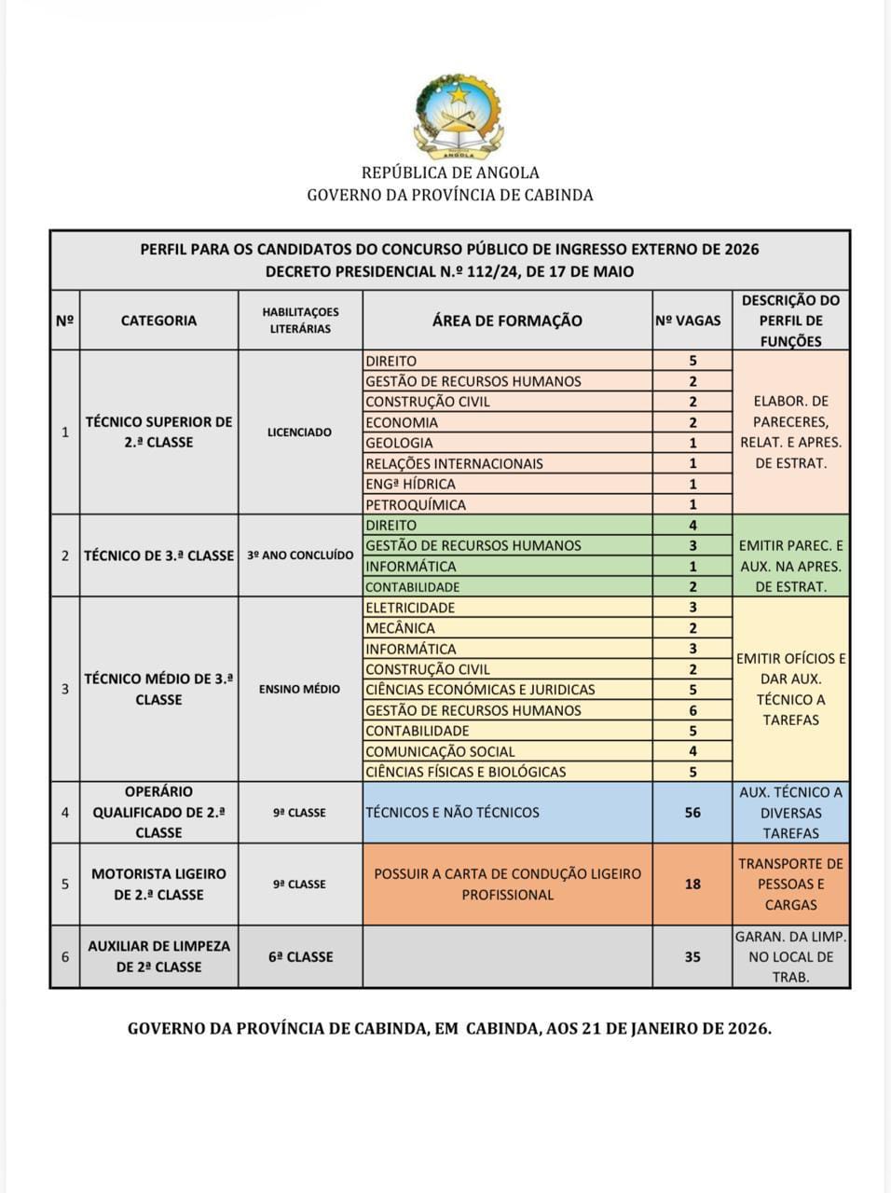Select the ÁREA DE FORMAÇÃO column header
click(506, 321)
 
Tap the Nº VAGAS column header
click(689, 321)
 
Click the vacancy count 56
click(692, 812)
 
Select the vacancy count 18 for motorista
click(692, 884)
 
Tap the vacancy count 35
click(692, 956)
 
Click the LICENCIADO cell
click(299, 432)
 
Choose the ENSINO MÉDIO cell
click(299, 689)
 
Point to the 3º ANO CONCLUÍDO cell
click(300, 555)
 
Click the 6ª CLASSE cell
click(299, 956)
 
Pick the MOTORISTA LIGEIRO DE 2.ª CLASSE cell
click(158, 884)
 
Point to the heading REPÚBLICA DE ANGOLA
click(450, 172)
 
